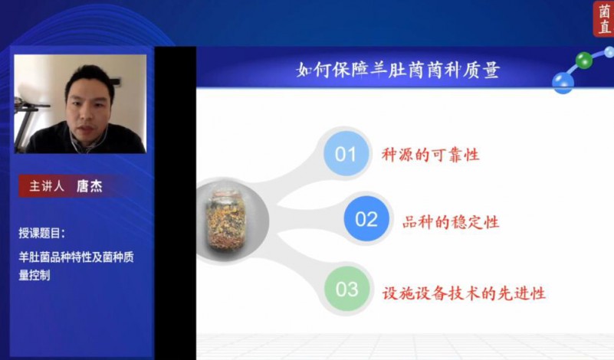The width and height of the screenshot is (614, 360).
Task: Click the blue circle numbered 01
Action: click(346, 153)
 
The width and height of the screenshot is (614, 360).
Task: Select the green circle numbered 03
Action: click(347, 289)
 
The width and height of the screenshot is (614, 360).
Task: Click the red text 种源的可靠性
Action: click(430, 155)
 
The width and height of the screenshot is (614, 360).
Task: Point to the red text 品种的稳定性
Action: click(451, 222)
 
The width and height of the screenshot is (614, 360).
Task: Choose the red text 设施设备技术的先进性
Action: click(464, 293)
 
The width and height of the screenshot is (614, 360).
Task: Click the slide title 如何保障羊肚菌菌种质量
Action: click(398, 70)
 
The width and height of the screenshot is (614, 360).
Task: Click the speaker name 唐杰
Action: click(89, 186)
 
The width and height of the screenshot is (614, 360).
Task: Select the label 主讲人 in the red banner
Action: click(47, 186)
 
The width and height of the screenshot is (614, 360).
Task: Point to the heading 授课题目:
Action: click(42, 233)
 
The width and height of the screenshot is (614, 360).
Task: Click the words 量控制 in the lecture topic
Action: click(34, 275)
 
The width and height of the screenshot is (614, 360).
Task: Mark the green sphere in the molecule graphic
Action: click(584, 60)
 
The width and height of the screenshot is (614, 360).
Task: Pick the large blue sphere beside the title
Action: click(563, 83)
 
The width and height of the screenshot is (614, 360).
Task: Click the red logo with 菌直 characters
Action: click(603, 18)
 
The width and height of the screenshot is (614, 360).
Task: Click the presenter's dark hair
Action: click(90, 77)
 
